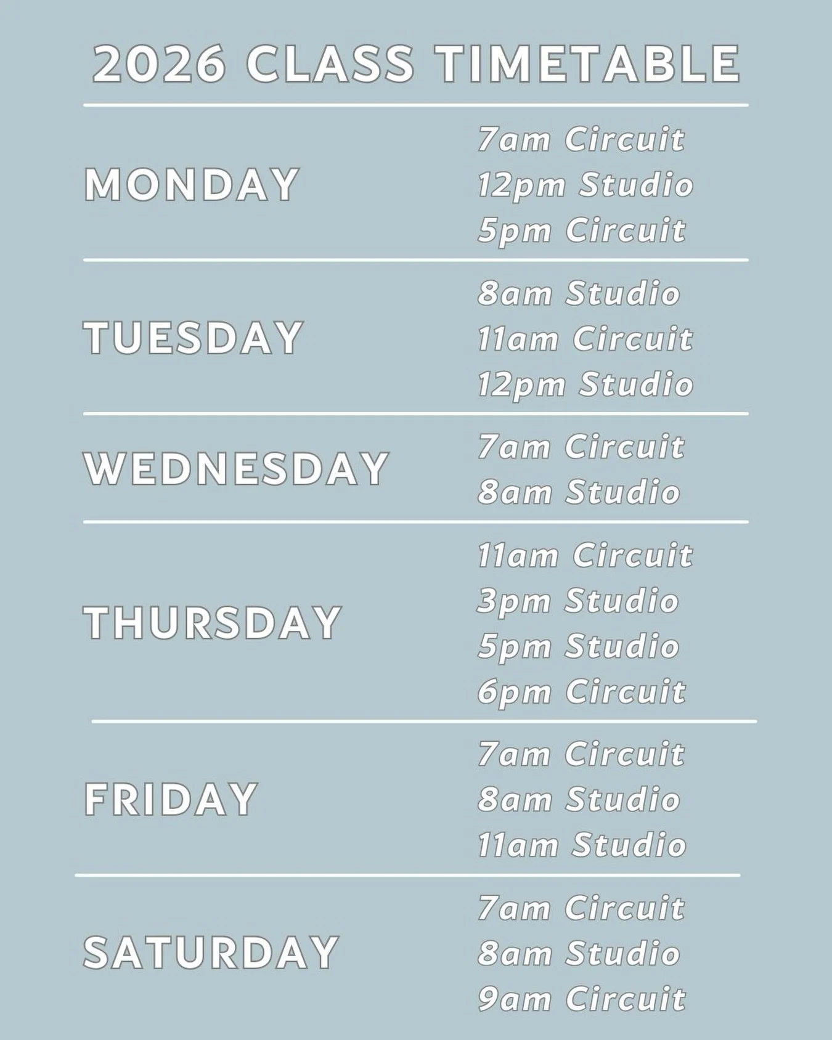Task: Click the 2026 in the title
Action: coord(159,64)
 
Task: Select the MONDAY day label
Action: coord(192,185)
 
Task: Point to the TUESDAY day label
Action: coord(193,338)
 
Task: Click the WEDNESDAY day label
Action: coord(236,469)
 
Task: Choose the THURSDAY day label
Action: coord(213,622)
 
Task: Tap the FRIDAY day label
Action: coord(171,799)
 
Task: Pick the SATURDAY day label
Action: coord(211,953)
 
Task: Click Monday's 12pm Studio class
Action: coord(585,185)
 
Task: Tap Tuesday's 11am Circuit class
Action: coord(585,339)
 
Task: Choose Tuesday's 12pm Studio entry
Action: coord(585,384)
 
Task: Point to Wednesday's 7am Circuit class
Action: coord(581,447)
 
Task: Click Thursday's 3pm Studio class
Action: coord(578,601)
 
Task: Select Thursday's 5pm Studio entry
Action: coord(578,646)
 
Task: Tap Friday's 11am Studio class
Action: coord(582,845)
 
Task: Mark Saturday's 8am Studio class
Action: coord(579,953)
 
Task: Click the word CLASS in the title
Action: coord(330,64)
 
